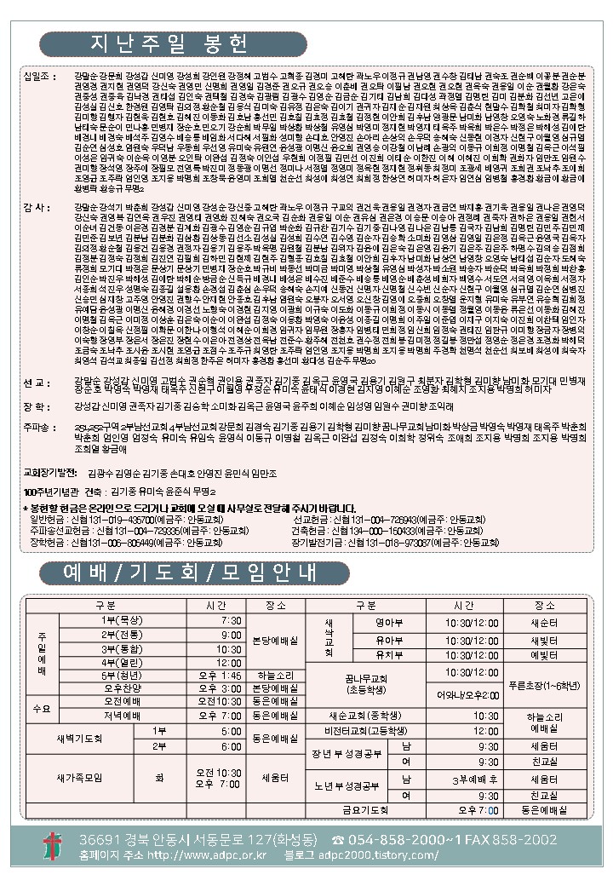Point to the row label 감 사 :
click(x=39, y=207)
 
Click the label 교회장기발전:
click(x=54, y=470)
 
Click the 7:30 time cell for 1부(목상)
click(x=231, y=620)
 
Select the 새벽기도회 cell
click(x=82, y=738)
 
